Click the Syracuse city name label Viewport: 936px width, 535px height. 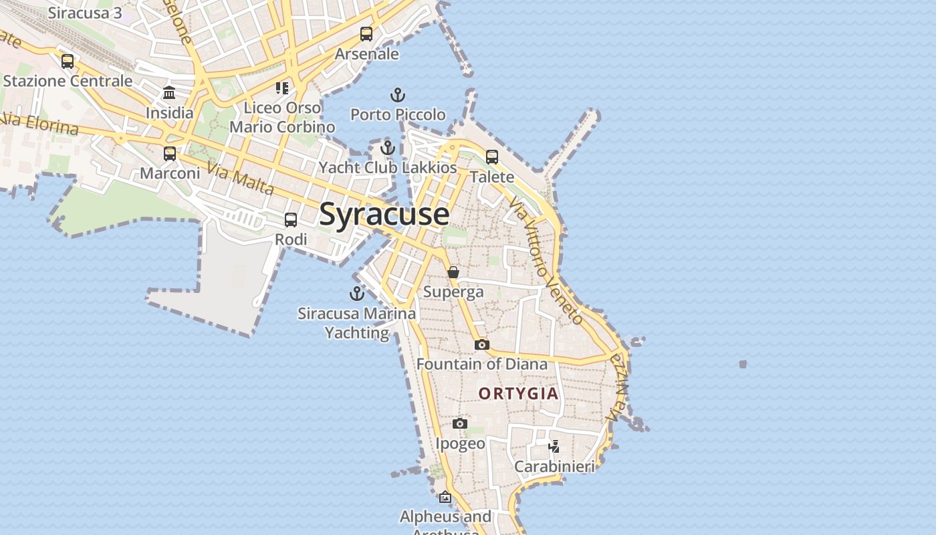point(384,214)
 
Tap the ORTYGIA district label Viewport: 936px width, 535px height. point(518,393)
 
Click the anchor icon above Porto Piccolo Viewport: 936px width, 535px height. point(398,95)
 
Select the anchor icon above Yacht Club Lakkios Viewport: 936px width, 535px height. point(388,148)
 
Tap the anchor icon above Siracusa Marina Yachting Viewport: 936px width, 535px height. point(357,293)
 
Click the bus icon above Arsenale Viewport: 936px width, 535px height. point(366,34)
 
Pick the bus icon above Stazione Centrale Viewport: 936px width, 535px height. point(68,62)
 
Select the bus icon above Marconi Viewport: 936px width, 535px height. point(170,154)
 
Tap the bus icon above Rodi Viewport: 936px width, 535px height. point(291,220)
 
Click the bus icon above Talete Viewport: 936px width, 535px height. point(492,157)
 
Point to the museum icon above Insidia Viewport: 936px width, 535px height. point(169,92)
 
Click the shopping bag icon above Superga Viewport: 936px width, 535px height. point(453,272)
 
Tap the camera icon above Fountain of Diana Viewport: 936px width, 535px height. point(481,344)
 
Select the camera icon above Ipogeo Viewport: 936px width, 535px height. point(460,423)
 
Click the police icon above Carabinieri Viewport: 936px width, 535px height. point(554,445)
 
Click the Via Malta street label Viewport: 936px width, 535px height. point(240,179)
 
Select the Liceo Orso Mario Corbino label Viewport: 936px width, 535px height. point(282,117)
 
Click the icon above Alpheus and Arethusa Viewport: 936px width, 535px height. point(445,497)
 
